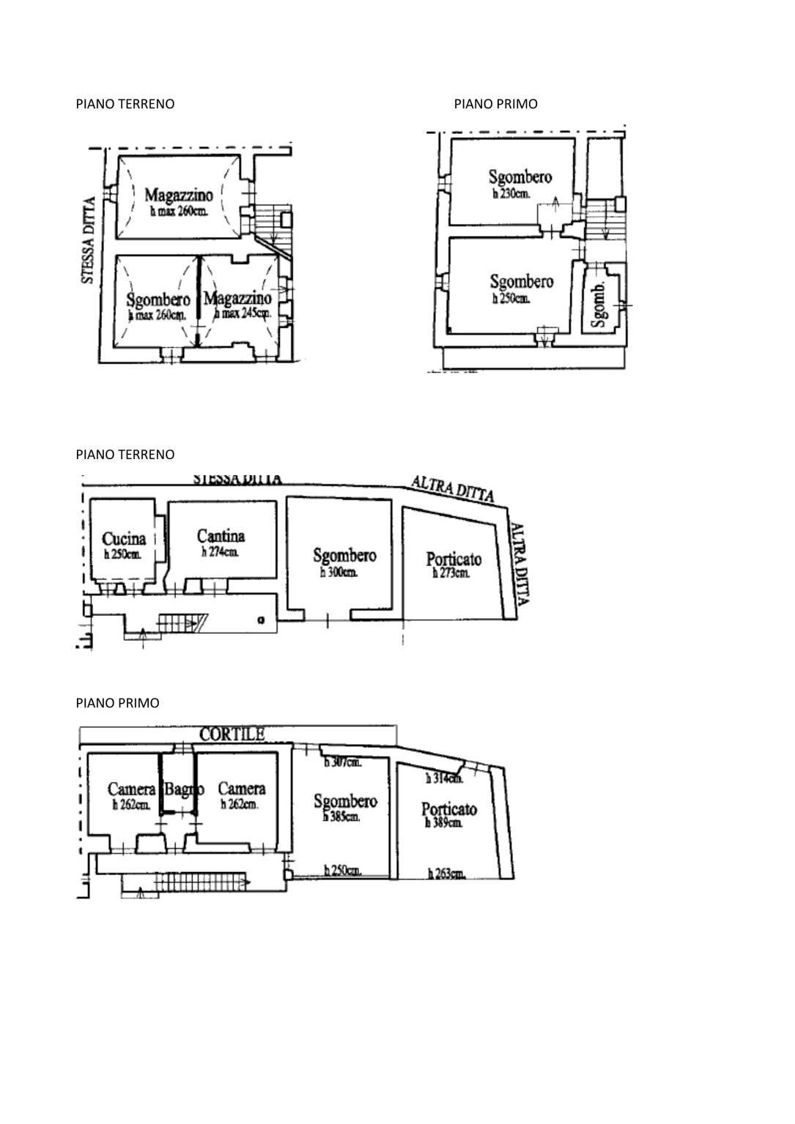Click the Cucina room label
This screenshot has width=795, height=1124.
pyautogui.click(x=124, y=539)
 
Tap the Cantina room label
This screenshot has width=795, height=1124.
pyautogui.click(x=221, y=536)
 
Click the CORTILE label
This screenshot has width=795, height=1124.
pyautogui.click(x=232, y=734)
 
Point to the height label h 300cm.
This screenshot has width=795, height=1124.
pyautogui.click(x=339, y=573)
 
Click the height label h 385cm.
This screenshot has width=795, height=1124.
pyautogui.click(x=341, y=817)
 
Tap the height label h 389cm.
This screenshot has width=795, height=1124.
pyautogui.click(x=444, y=823)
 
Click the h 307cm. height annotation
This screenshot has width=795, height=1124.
pyautogui.click(x=343, y=762)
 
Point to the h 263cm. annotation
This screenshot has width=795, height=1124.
pyautogui.click(x=446, y=873)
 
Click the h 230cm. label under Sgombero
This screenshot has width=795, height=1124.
pyautogui.click(x=511, y=194)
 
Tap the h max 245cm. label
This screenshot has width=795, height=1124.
pyautogui.click(x=243, y=313)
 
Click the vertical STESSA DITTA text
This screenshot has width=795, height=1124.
pyautogui.click(x=88, y=240)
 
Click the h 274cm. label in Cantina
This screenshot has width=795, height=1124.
pyautogui.click(x=220, y=553)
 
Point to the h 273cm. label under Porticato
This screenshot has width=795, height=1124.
pyautogui.click(x=451, y=573)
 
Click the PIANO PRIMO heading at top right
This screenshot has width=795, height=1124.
pyautogui.click(x=495, y=104)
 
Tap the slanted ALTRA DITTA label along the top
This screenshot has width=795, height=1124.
pyautogui.click(x=453, y=489)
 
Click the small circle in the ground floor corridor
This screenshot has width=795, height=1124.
pyautogui.click(x=261, y=621)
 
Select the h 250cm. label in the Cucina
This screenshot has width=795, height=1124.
pyautogui.click(x=122, y=555)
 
